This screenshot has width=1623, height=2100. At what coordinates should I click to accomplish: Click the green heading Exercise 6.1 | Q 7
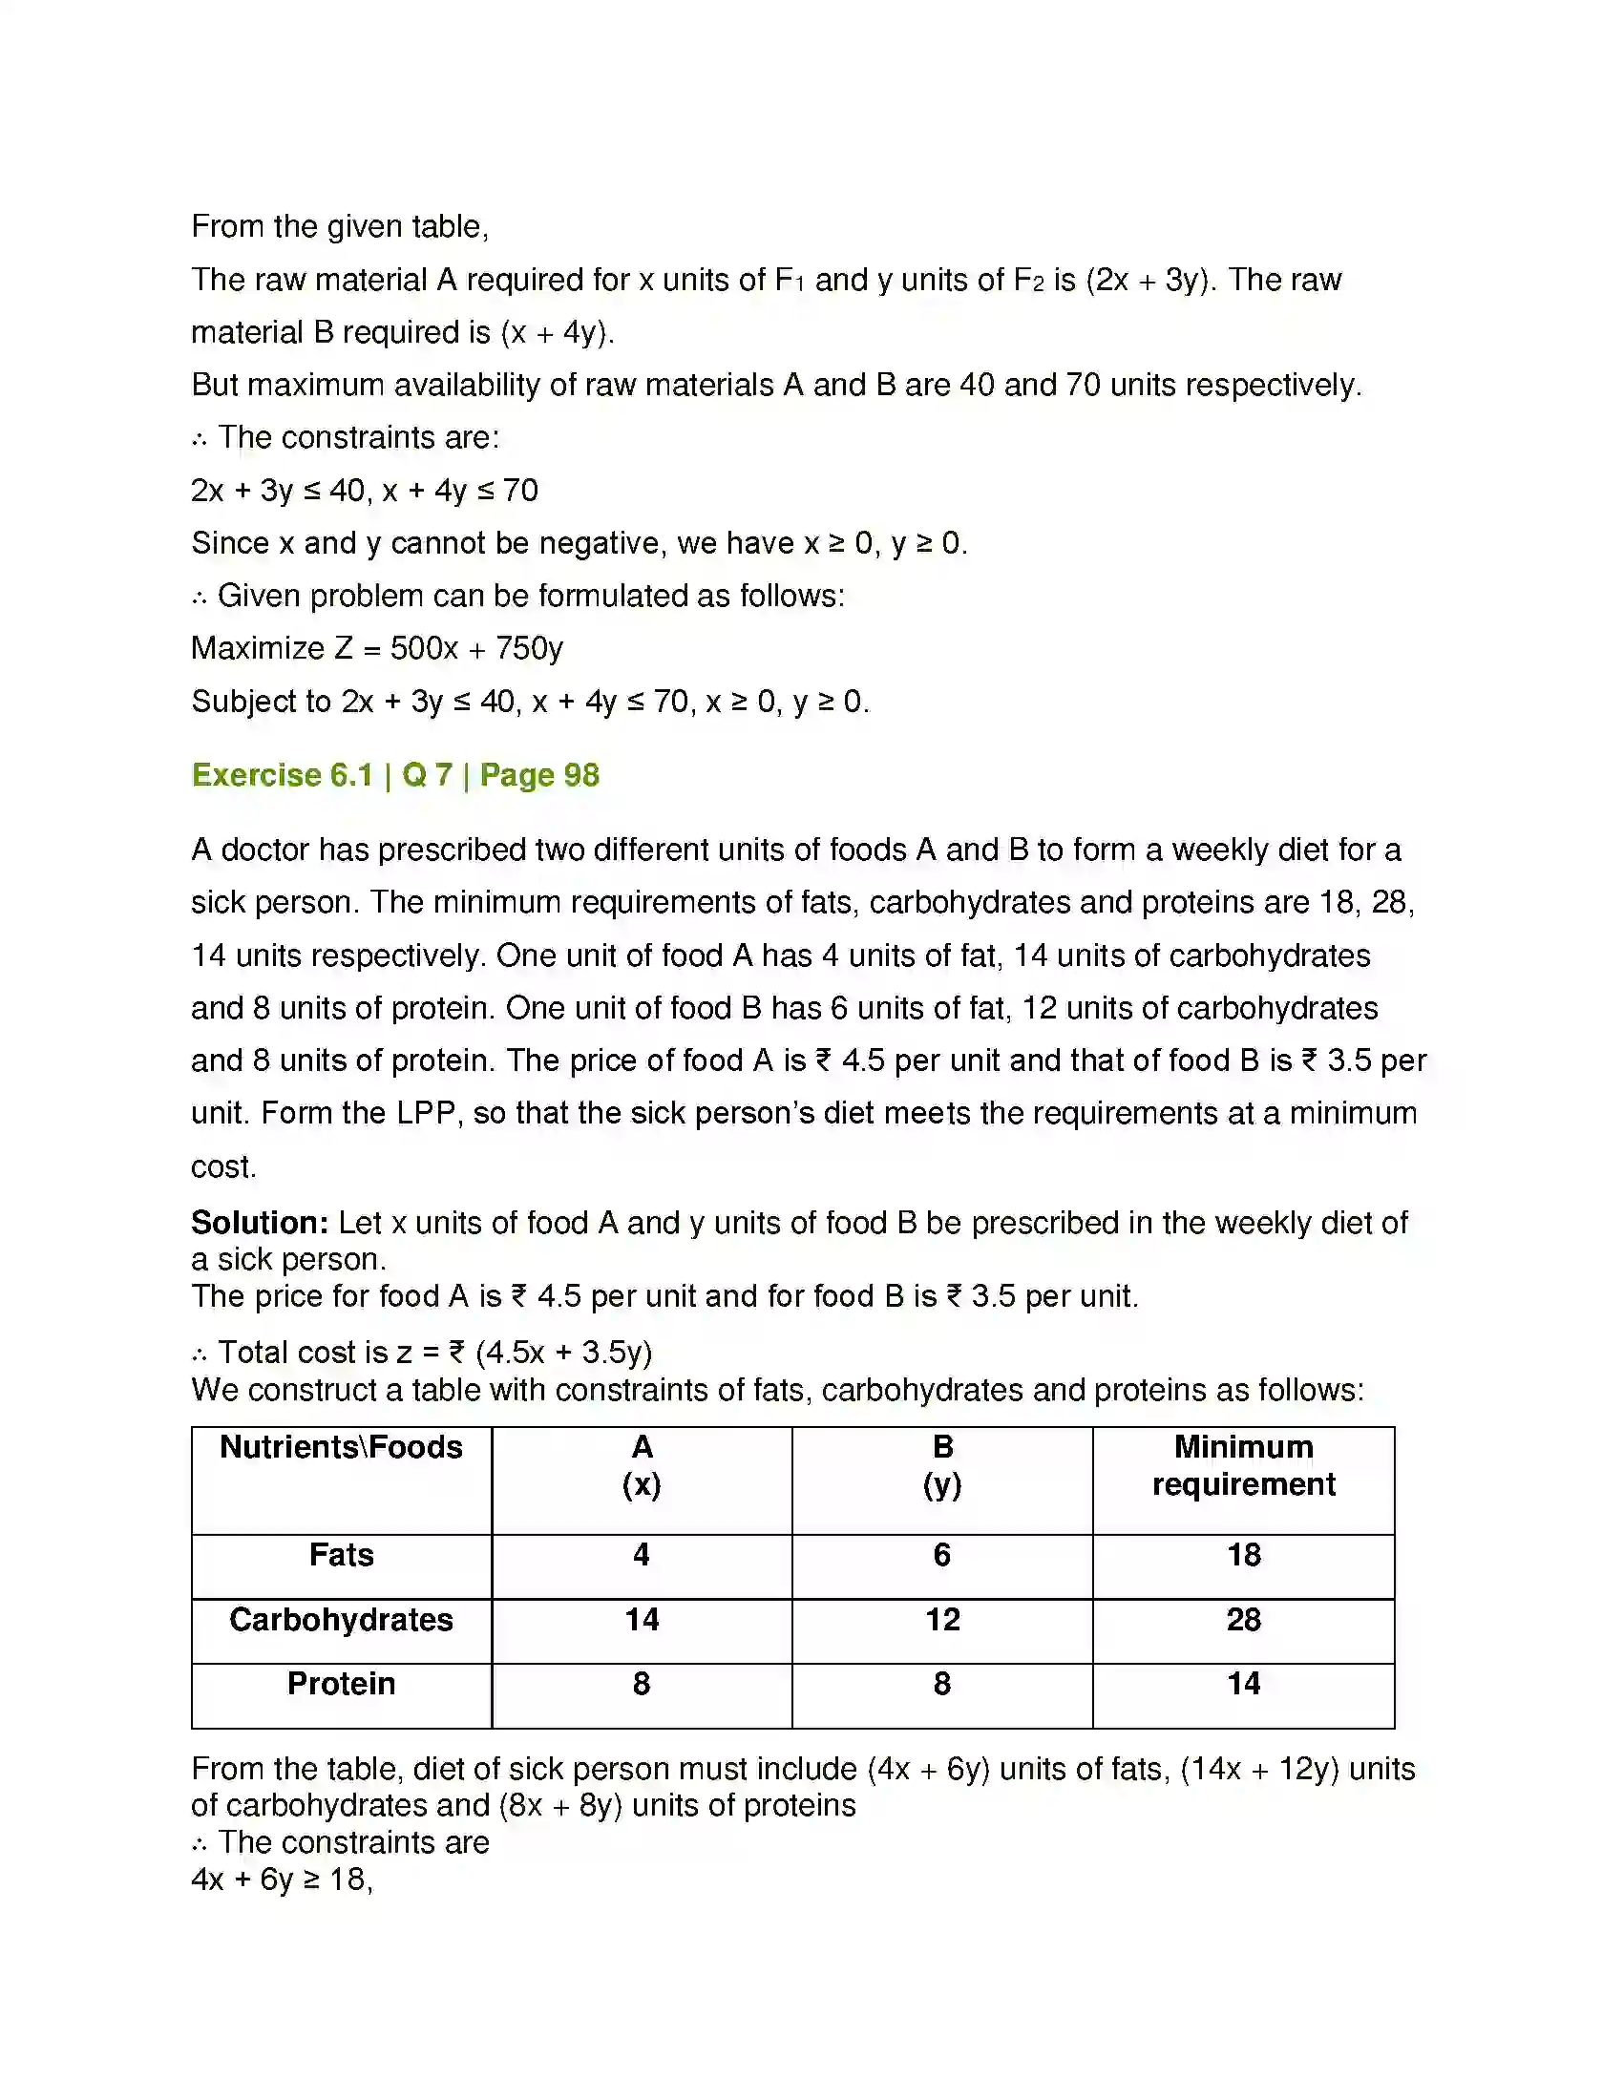(x=395, y=775)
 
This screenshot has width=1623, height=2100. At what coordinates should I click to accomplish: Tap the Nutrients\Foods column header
(x=342, y=1447)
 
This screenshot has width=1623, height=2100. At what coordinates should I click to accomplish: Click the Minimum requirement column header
(x=1243, y=1465)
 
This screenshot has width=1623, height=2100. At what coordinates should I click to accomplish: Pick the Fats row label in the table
(x=342, y=1555)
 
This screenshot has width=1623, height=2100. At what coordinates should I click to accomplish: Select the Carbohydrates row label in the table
(x=342, y=1620)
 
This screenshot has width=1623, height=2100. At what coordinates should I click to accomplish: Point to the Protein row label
(x=342, y=1684)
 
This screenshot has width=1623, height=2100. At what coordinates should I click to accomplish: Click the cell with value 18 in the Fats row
(x=1243, y=1555)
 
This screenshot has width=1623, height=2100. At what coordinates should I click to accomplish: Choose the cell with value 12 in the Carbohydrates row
(x=942, y=1620)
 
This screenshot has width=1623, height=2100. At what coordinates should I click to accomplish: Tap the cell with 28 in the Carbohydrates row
(x=1243, y=1620)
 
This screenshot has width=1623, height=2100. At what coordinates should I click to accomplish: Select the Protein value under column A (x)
(x=642, y=1684)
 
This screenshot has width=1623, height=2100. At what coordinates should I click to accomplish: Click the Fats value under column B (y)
(x=942, y=1555)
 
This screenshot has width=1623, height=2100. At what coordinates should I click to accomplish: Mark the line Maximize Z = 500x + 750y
(x=377, y=648)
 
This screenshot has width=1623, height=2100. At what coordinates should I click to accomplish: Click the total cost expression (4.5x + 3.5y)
(x=563, y=1353)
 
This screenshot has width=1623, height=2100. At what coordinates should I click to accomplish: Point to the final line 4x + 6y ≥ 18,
(x=282, y=1879)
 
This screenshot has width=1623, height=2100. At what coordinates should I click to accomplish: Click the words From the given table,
(x=340, y=227)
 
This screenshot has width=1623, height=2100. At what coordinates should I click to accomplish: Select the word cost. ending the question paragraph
(x=223, y=1166)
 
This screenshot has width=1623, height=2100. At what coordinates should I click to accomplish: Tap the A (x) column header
(x=642, y=1465)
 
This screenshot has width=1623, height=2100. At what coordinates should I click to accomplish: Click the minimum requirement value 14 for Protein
(x=1243, y=1684)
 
